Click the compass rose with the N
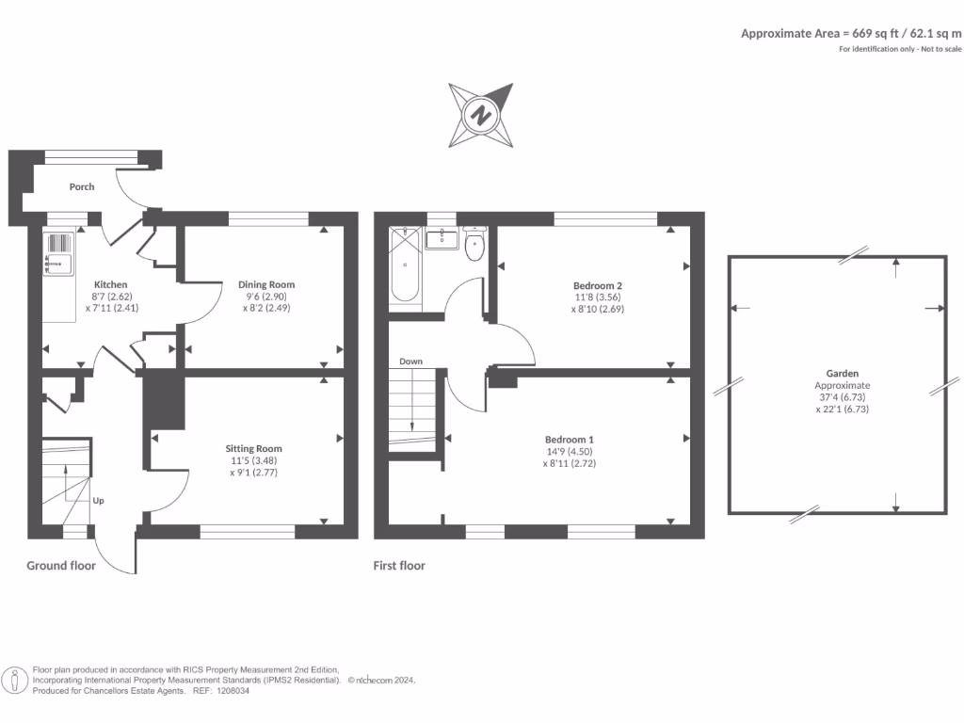coord(481,116)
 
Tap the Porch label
coord(82,186)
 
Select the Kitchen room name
coord(110,284)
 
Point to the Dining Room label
coord(266,284)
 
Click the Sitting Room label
coord(253,448)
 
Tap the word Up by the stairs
coord(98,500)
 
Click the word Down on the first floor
coord(410,361)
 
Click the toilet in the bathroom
coord(474,246)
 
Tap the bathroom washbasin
coord(441,239)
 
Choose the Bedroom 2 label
coord(598,285)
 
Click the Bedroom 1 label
coord(570,440)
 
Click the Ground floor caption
coord(60,566)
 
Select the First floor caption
coord(399,566)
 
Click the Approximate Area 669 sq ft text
coord(851,33)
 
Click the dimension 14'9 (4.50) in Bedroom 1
coord(570,451)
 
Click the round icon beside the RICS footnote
coord(14,679)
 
